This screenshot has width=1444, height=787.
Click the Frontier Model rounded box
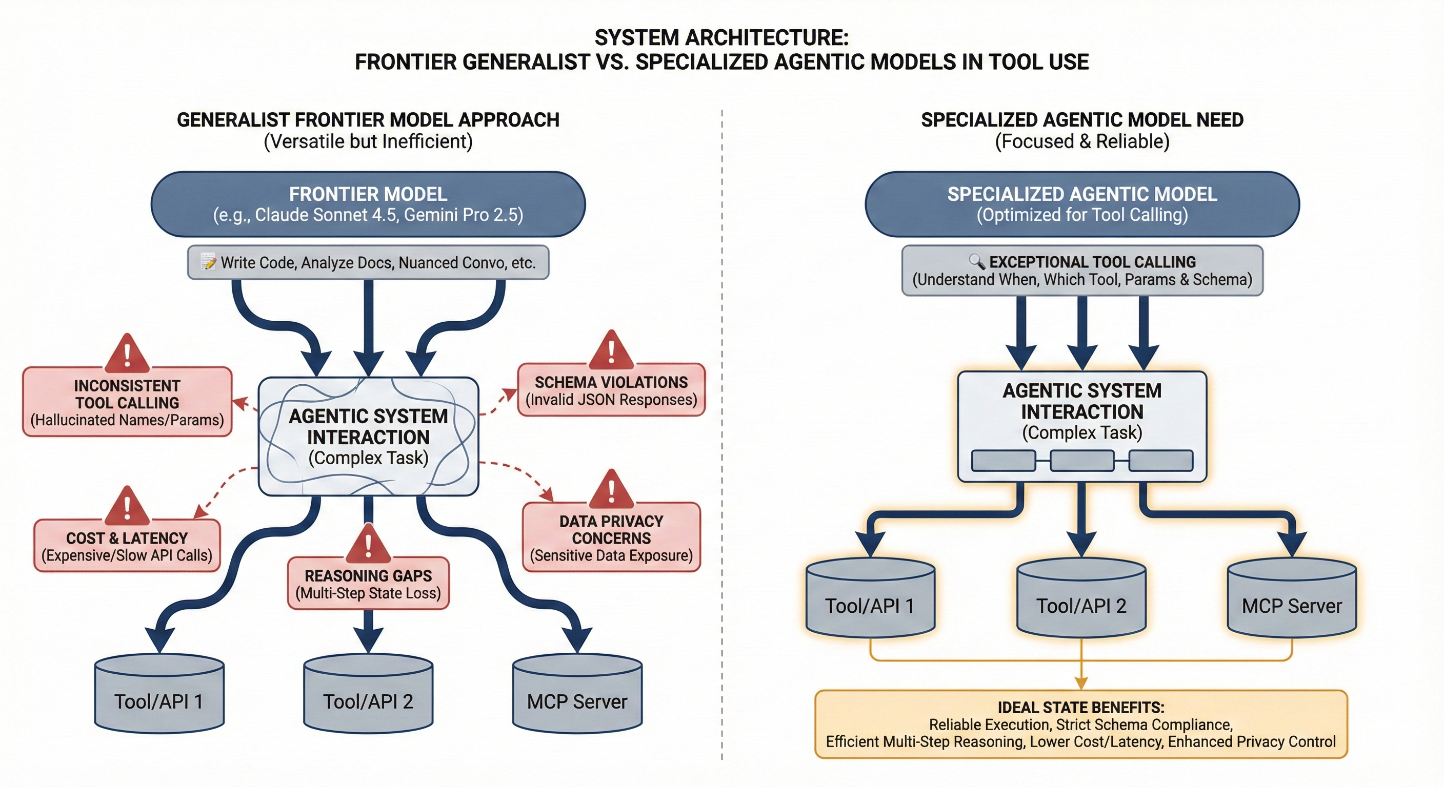pos(368,204)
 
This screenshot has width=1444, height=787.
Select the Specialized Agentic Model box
pos(1082,204)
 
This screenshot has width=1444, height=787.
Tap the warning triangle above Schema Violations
pos(611,350)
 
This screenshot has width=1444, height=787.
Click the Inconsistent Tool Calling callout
pos(127,402)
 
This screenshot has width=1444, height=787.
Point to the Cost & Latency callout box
pos(127,546)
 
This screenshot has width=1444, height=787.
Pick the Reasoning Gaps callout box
pos(368,584)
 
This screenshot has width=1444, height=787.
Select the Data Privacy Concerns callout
pos(611,538)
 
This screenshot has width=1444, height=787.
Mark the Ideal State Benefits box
pos(1081,724)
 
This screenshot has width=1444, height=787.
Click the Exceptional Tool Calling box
pos(1082,271)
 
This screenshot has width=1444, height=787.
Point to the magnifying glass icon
pos(976,261)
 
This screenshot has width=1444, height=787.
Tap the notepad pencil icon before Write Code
pos(208,262)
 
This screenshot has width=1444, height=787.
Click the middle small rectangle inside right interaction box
pos(1082,461)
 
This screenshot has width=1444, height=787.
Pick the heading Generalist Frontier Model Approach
pos(368,120)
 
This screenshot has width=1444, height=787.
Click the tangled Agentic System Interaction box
pos(368,437)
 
